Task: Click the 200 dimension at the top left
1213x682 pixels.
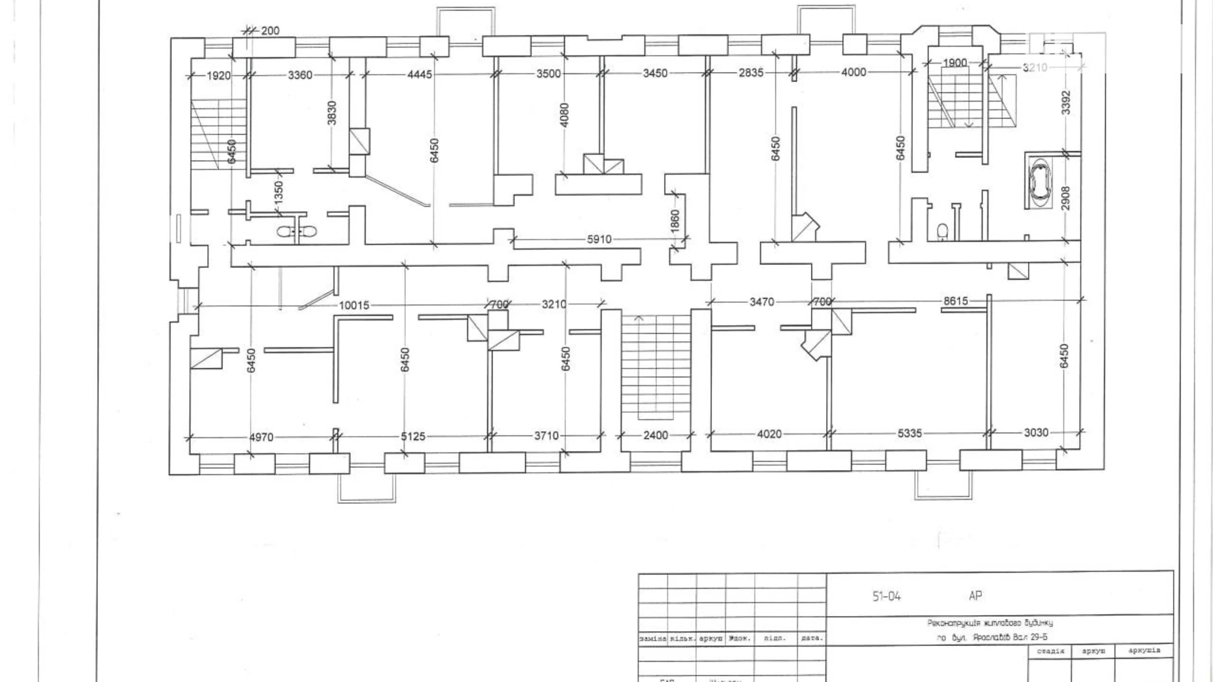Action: [x=269, y=31]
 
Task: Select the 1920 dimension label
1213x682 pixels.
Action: [x=218, y=76]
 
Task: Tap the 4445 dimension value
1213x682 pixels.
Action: [x=420, y=75]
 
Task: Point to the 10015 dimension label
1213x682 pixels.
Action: [x=354, y=306]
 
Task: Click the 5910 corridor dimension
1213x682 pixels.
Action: [x=599, y=240]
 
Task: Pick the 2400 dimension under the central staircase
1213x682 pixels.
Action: [x=655, y=435]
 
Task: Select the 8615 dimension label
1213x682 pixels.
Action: [x=955, y=301]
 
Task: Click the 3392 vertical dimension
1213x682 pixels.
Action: [x=1066, y=102]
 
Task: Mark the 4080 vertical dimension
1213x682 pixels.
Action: [x=565, y=115]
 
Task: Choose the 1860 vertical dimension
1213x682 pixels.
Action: [x=675, y=220]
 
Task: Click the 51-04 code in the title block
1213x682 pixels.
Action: [x=886, y=596]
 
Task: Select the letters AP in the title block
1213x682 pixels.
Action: [x=975, y=595]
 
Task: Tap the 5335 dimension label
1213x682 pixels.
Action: [x=909, y=433]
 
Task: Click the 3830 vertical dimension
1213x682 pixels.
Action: [x=332, y=113]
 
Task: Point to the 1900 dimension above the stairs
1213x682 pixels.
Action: [x=955, y=63]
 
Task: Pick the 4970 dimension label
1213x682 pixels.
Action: [x=261, y=437]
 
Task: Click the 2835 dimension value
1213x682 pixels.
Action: [x=751, y=73]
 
